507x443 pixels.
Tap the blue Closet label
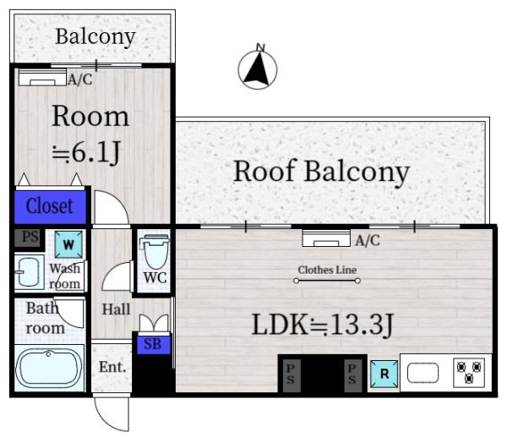click(x=50, y=206)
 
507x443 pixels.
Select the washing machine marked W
click(x=68, y=244)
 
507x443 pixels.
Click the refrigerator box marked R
click(x=384, y=374)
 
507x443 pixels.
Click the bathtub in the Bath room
click(x=48, y=369)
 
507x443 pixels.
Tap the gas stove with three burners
click(x=469, y=373)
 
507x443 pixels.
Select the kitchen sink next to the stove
click(x=423, y=373)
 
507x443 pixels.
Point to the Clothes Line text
click(x=327, y=270)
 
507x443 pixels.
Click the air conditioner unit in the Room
click(x=42, y=78)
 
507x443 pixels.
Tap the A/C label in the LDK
click(x=368, y=240)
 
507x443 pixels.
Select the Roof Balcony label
click(x=321, y=172)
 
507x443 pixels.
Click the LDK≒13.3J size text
click(x=323, y=325)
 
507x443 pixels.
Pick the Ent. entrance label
click(x=112, y=367)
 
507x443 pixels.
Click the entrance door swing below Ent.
click(x=112, y=414)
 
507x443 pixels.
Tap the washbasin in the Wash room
click(x=29, y=272)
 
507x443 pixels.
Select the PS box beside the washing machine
click(x=30, y=238)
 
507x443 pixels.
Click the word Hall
click(x=116, y=309)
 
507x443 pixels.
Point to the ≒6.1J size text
click(x=86, y=152)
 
